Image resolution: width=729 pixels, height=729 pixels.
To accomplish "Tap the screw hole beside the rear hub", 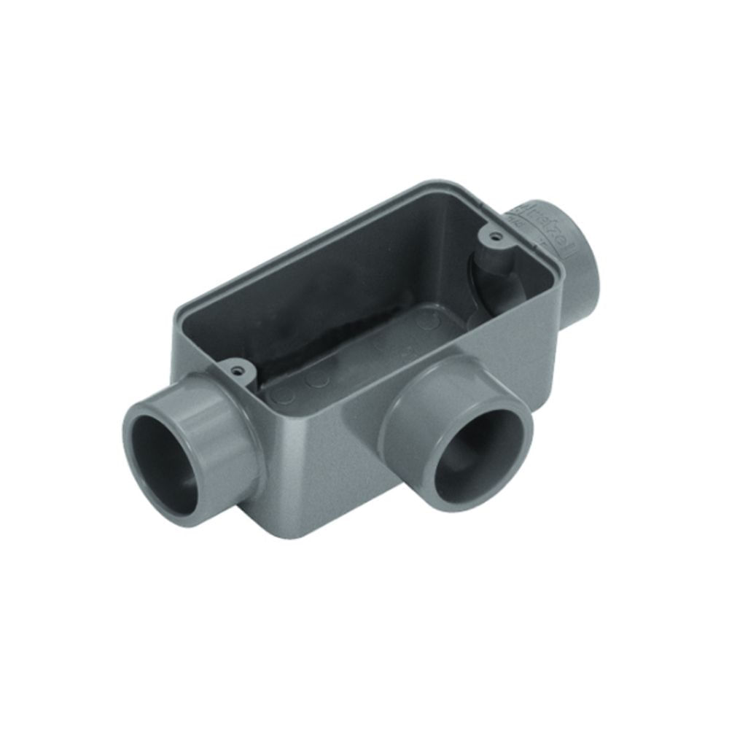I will pyautogui.click(x=495, y=237).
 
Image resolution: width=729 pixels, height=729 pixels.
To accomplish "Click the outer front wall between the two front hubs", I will pyautogui.click(x=328, y=452).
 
